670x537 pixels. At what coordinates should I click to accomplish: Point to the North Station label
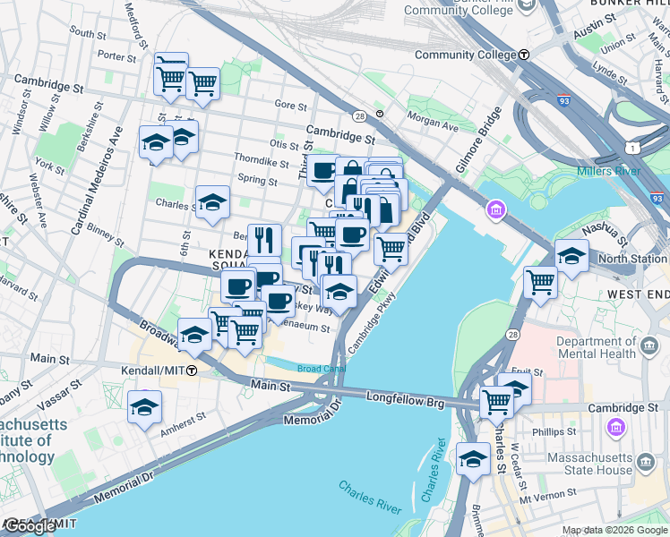pyautogui.click(x=632, y=259)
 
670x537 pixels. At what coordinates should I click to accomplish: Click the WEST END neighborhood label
pyautogui.click(x=638, y=294)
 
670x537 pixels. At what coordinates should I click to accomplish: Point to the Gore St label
pyautogui.click(x=290, y=105)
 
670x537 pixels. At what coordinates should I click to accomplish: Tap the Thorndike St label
pyautogui.click(x=261, y=163)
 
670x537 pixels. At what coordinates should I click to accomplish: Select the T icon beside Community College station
pyautogui.click(x=524, y=55)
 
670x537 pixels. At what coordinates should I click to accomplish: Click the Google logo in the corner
pyautogui.click(x=30, y=526)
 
